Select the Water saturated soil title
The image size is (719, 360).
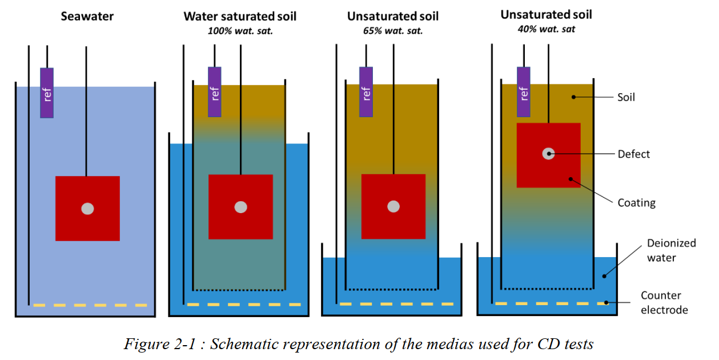(240, 16)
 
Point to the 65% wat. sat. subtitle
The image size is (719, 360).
(393, 30)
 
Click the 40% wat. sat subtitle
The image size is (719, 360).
(546, 29)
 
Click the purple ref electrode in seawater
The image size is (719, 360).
(47, 93)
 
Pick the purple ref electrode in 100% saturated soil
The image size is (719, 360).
(214, 92)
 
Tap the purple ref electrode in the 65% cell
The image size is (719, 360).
(366, 92)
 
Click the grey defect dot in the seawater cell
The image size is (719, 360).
(87, 209)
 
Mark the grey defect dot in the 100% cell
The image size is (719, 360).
(240, 207)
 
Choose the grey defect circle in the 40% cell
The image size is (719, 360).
(548, 153)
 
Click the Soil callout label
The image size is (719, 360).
(626, 97)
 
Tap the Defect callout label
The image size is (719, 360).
(634, 154)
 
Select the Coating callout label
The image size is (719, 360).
(636, 202)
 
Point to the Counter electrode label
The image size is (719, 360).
(664, 303)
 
